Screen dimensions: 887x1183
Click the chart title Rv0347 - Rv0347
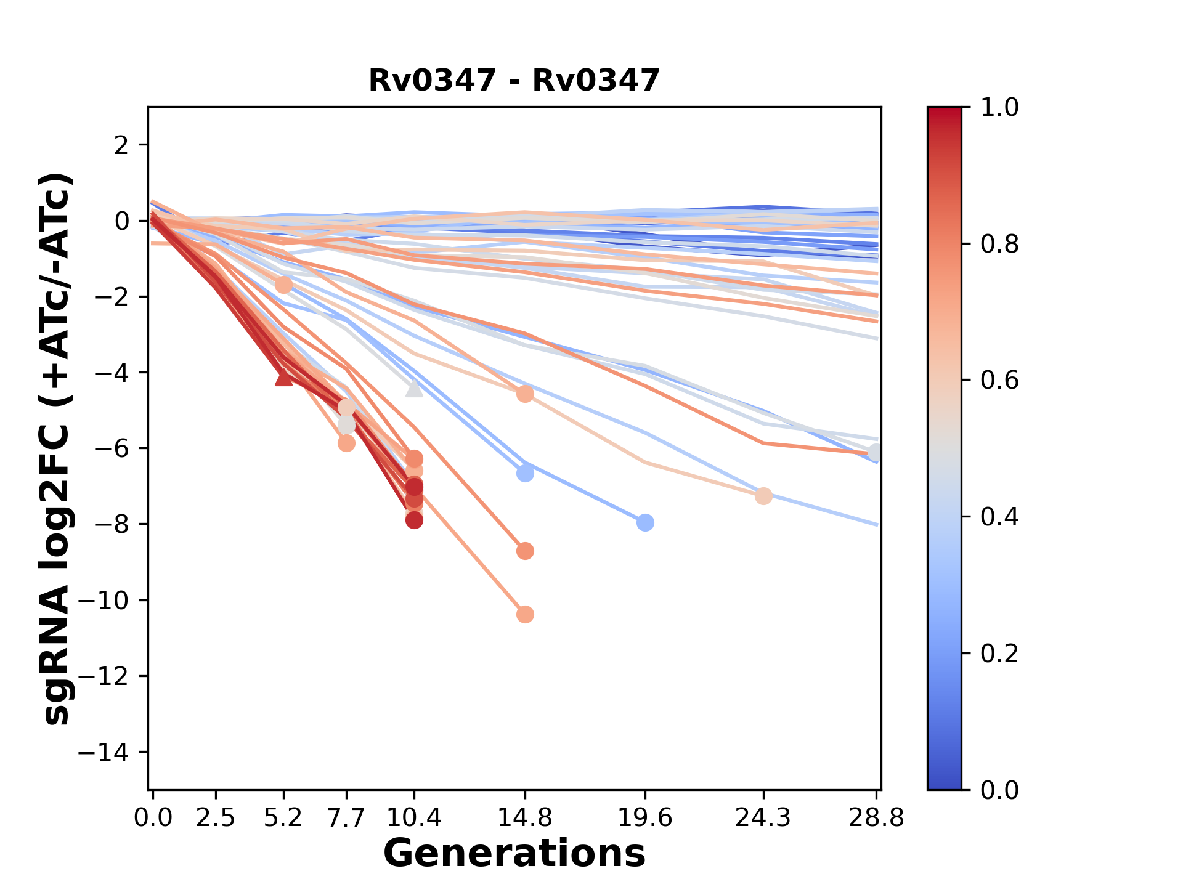pyautogui.click(x=514, y=81)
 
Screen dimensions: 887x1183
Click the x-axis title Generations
pyautogui.click(x=514, y=854)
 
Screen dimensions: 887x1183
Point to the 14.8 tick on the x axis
pyautogui.click(x=524, y=818)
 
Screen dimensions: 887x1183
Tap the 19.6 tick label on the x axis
pyautogui.click(x=645, y=818)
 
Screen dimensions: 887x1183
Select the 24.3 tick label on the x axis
pyautogui.click(x=763, y=818)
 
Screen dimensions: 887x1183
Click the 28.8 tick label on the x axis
pyautogui.click(x=876, y=818)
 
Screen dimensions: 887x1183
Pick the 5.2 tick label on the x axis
pyautogui.click(x=283, y=818)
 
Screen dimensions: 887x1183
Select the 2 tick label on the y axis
pyautogui.click(x=122, y=145)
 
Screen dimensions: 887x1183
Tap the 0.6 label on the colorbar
pyautogui.click(x=999, y=380)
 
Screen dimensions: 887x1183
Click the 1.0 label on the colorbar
pyautogui.click(x=999, y=108)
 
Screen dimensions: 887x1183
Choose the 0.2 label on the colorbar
pyautogui.click(x=999, y=653)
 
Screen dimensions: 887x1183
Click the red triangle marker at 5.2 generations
pyautogui.click(x=283, y=377)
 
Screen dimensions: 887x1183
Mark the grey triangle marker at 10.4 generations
pyautogui.click(x=414, y=388)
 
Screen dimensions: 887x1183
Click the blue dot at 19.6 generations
pyautogui.click(x=645, y=523)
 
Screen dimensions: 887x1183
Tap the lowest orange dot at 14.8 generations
pyautogui.click(x=525, y=614)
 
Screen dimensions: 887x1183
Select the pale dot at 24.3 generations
pyautogui.click(x=763, y=496)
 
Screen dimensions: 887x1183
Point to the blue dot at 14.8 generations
pyautogui.click(x=525, y=474)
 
